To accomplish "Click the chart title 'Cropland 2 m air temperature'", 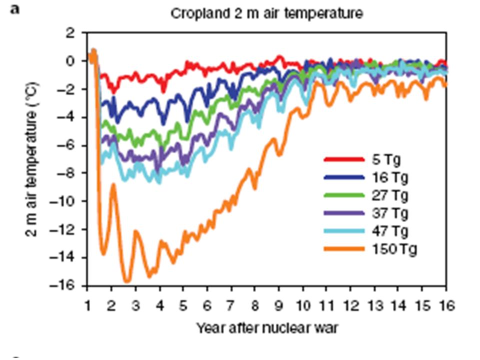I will [x=266, y=13].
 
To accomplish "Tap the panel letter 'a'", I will [x=15, y=9].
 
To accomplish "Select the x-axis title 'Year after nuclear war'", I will [x=267, y=328].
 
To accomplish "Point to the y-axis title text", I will [x=31, y=159].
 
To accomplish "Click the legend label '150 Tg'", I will [x=394, y=249].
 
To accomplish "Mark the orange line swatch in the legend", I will [x=343, y=249].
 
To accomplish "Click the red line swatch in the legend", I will [x=343, y=160].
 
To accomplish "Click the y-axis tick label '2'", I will [x=70, y=33].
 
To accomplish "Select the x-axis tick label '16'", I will [x=445, y=304].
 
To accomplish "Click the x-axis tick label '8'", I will [x=255, y=304].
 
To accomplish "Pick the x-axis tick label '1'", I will [x=87, y=304].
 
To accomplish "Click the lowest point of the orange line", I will [x=127, y=281].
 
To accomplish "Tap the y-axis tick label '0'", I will [x=70, y=61].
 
